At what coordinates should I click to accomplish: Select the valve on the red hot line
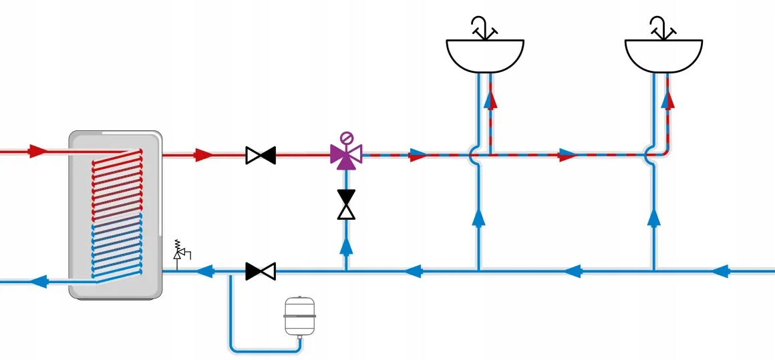point(261,156)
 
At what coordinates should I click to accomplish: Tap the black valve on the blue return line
point(261,271)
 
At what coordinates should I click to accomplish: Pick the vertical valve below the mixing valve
point(346,204)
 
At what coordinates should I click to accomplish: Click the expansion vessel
point(299,315)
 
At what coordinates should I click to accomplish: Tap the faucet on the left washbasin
point(484,27)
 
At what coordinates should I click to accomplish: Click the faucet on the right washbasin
point(662,27)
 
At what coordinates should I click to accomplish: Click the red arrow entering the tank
point(39,151)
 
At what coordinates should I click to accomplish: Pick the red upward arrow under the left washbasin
point(491,100)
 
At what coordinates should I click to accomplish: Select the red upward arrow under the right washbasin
point(667,100)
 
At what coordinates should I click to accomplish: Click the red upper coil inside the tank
point(117,180)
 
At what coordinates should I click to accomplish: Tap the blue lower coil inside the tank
point(117,247)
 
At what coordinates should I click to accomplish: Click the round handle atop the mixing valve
point(346,138)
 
